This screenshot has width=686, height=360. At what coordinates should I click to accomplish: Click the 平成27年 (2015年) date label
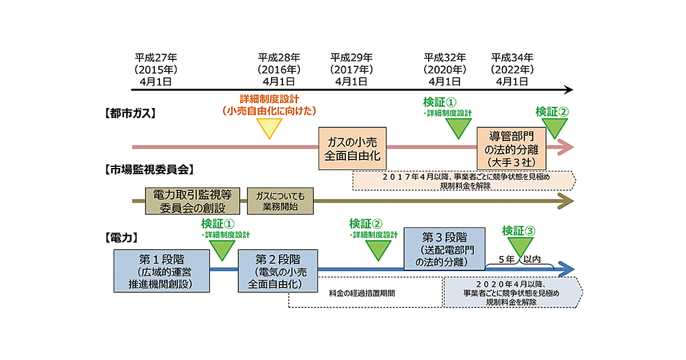(155, 69)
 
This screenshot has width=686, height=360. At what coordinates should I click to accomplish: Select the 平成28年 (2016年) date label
(278, 69)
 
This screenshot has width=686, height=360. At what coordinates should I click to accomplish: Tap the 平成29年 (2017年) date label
(351, 69)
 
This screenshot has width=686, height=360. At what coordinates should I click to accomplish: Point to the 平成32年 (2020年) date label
(445, 69)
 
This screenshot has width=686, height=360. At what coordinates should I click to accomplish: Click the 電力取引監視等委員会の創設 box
(194, 201)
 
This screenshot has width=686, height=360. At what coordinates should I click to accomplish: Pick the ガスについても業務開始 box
(280, 201)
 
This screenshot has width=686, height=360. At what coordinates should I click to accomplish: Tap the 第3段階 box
(444, 249)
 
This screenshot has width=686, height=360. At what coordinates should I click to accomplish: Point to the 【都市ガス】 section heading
(130, 113)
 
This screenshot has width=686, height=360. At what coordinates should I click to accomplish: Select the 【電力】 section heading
(121, 236)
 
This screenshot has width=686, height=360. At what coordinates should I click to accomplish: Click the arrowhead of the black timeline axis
(567, 90)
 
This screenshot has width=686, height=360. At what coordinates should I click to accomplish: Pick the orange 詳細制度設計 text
(269, 99)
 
